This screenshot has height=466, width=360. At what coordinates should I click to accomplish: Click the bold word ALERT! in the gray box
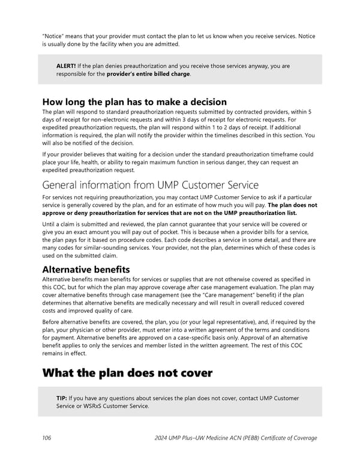65,65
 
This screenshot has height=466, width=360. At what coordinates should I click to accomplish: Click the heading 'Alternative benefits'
86,270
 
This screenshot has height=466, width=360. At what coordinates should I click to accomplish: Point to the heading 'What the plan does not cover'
127,373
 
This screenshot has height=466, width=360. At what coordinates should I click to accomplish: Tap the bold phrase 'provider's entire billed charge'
148,74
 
